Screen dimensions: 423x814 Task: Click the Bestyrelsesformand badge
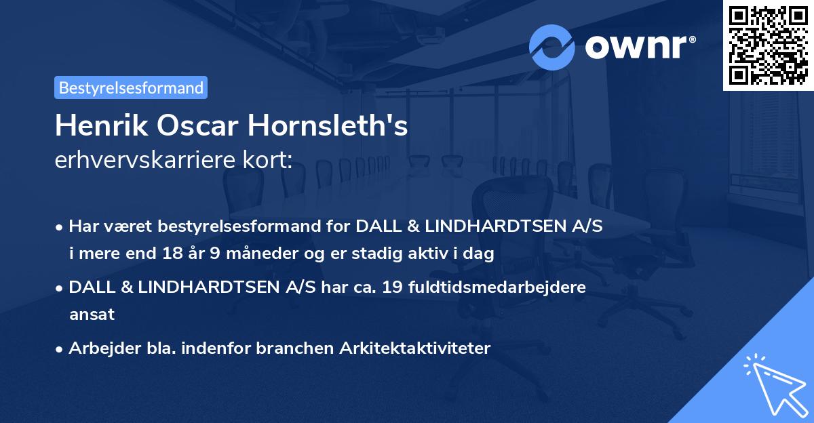click(131, 87)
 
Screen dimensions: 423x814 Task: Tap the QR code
click(768, 45)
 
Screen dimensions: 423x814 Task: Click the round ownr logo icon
click(552, 47)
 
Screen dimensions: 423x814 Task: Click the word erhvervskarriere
click(141, 160)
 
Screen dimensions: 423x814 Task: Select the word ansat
click(92, 315)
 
